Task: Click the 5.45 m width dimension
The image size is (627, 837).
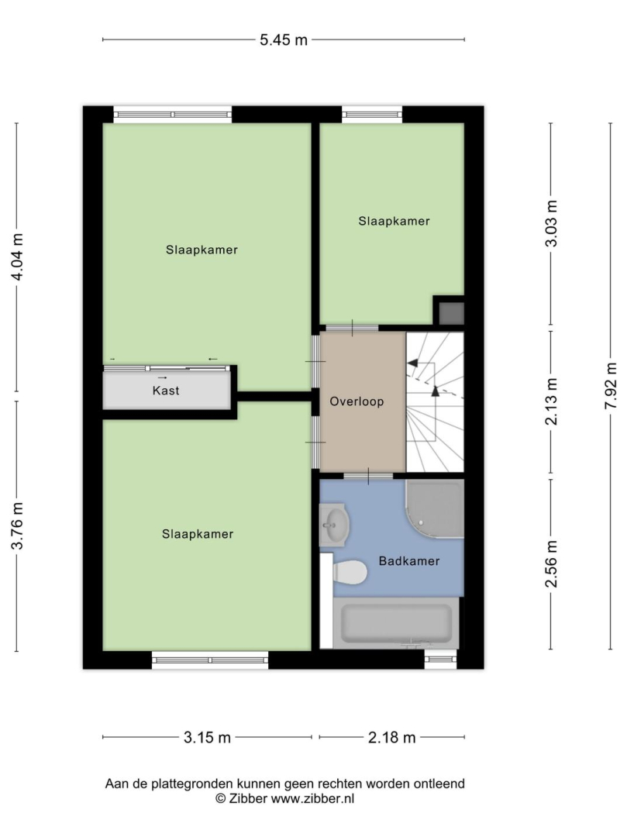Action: [284, 40]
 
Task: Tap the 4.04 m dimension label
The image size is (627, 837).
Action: [18, 257]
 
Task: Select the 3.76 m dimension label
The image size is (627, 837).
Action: [18, 525]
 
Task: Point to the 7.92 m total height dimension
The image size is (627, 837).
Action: [611, 386]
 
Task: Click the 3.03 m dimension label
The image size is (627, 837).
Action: [551, 223]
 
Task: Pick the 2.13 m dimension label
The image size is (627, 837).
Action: [551, 401]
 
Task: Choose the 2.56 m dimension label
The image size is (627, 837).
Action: [551, 563]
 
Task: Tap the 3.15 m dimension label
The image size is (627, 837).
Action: [207, 737]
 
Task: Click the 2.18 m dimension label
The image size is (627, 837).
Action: [391, 737]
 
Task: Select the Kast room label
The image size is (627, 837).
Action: [166, 390]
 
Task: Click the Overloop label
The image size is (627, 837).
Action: [357, 401]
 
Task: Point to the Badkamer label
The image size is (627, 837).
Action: [409, 560]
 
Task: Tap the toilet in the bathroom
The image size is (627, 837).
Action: [350, 573]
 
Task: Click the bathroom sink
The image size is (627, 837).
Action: [334, 525]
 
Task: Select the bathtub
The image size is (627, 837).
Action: [396, 622]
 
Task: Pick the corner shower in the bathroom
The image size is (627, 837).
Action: [435, 508]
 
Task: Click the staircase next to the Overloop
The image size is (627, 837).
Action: [435, 402]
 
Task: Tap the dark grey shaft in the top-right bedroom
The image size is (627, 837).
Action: [451, 313]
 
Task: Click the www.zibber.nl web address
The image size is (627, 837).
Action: [312, 798]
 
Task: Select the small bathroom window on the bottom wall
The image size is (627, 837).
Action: [441, 660]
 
